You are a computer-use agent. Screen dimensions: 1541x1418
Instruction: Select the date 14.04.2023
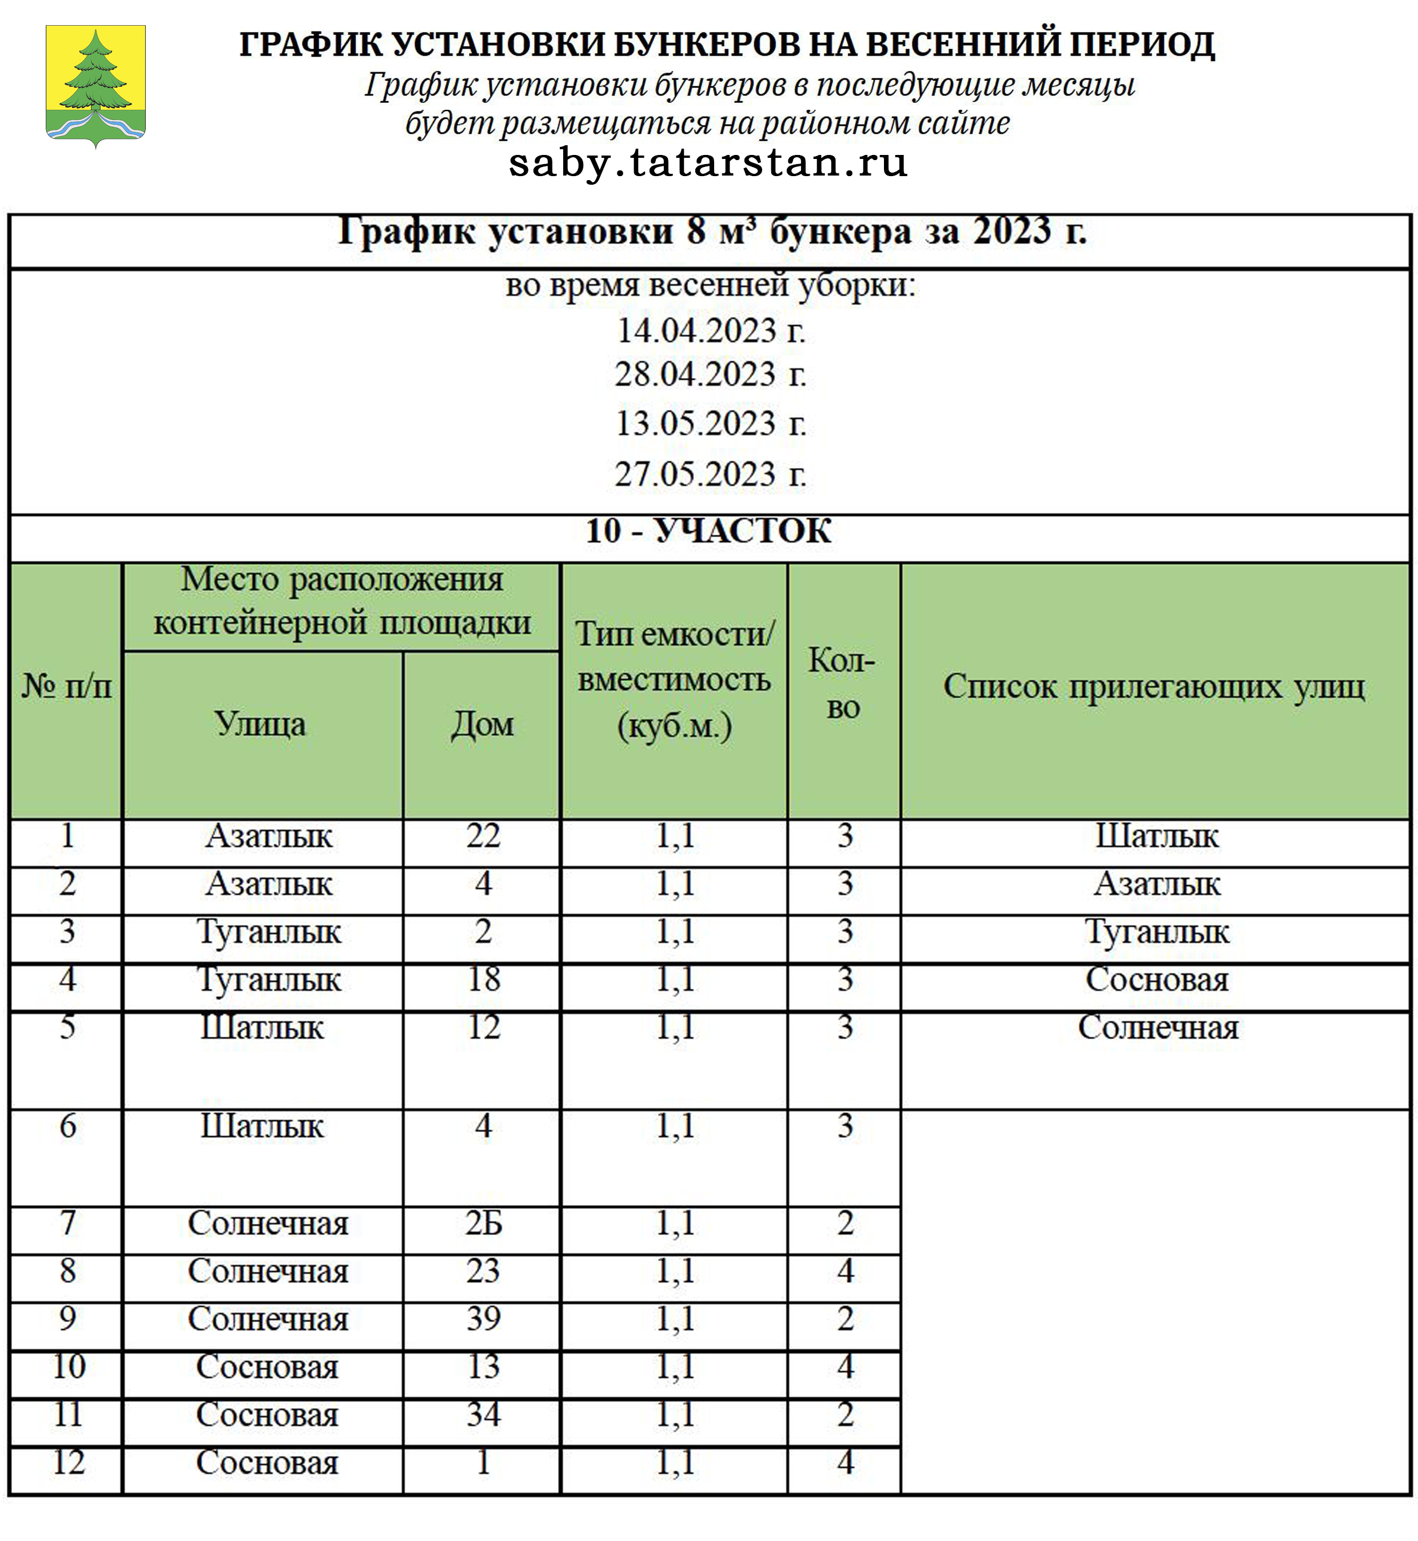pyautogui.click(x=711, y=331)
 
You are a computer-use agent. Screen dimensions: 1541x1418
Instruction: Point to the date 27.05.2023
pyautogui.click(x=711, y=473)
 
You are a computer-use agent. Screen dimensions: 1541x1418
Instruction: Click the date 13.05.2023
pyautogui.click(x=711, y=423)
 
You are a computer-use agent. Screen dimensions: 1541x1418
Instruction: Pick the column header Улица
pyautogui.click(x=260, y=724)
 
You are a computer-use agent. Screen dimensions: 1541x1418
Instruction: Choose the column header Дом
pyautogui.click(x=483, y=724)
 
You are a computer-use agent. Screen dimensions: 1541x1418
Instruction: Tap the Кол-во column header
pyautogui.click(x=843, y=683)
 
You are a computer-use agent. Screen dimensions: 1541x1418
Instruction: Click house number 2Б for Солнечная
pyautogui.click(x=483, y=1223)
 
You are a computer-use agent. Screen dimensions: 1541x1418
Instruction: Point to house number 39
pyautogui.click(x=483, y=1319)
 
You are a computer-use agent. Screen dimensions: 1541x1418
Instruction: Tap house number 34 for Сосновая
pyautogui.click(x=483, y=1413)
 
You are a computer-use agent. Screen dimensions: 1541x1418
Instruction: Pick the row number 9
pyautogui.click(x=67, y=1319)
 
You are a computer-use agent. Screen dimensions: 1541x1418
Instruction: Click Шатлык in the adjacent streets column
pyautogui.click(x=1156, y=836)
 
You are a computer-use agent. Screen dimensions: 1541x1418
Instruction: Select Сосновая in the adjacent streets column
pyautogui.click(x=1156, y=979)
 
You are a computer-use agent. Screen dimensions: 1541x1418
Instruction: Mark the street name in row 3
pyautogui.click(x=269, y=931)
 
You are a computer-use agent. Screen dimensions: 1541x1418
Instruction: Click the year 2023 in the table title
pyautogui.click(x=1011, y=231)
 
